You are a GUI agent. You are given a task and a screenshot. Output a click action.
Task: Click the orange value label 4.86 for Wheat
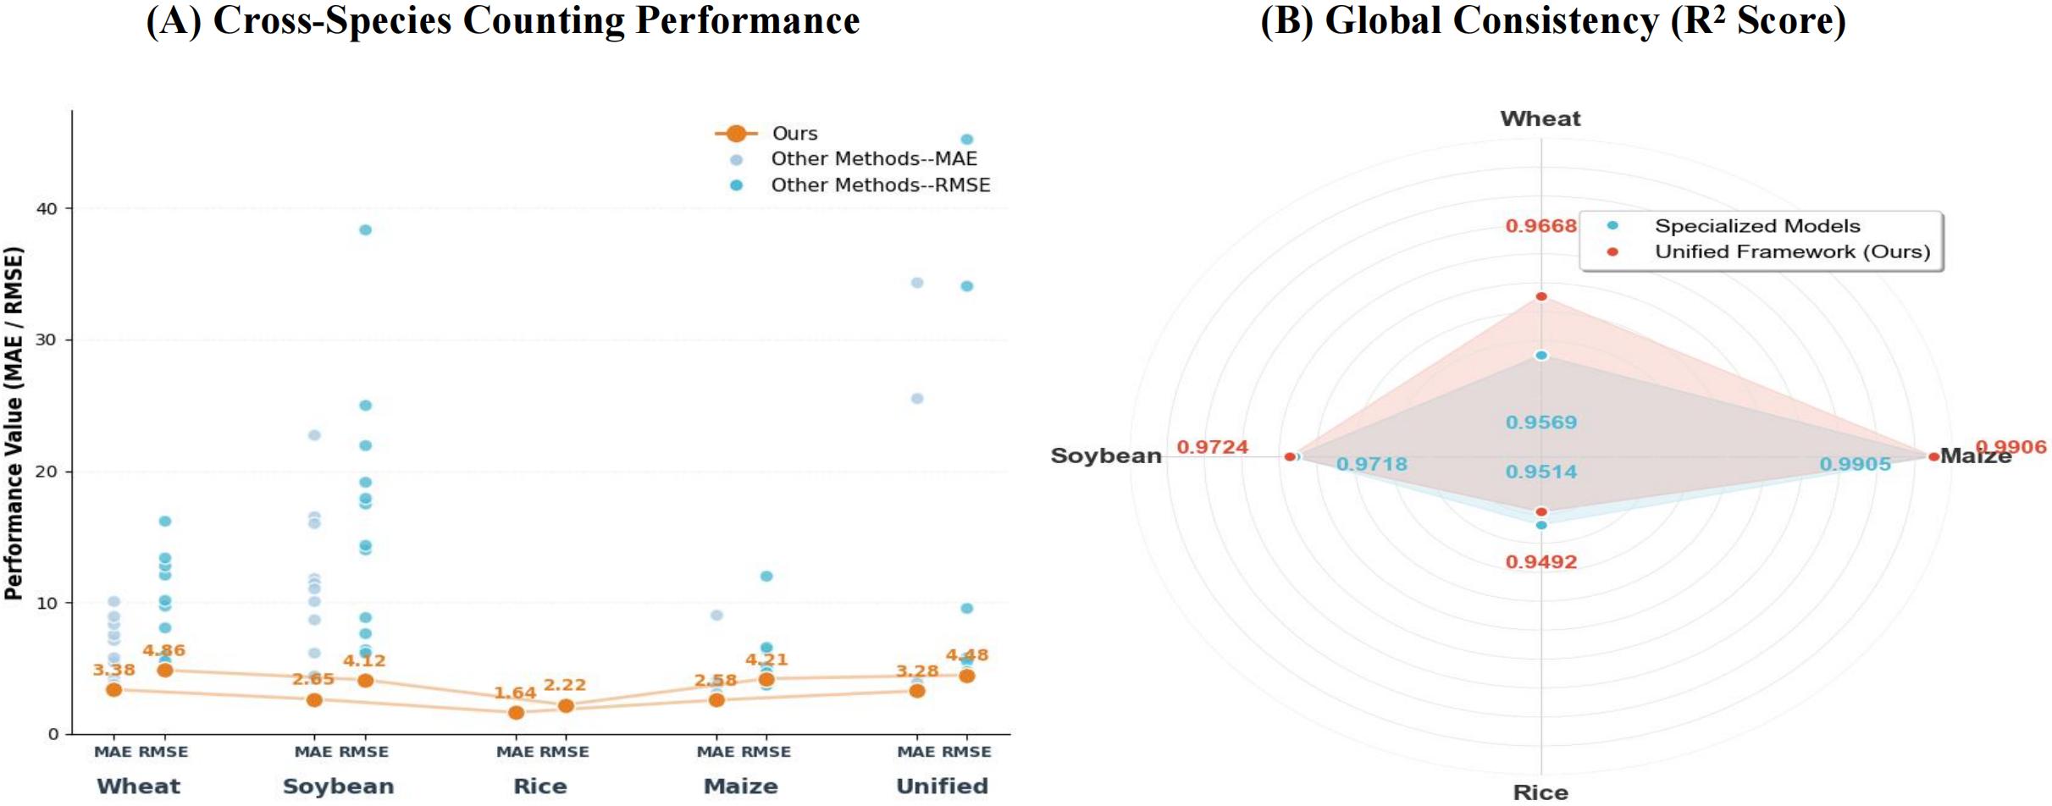163,650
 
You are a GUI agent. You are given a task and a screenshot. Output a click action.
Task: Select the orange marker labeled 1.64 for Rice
516,713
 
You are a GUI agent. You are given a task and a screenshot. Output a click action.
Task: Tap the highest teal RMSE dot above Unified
966,140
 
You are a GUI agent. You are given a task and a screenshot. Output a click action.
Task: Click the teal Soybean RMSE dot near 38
365,230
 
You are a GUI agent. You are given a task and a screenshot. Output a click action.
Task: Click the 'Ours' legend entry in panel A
794,134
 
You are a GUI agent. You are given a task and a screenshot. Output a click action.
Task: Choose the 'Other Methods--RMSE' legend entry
879,185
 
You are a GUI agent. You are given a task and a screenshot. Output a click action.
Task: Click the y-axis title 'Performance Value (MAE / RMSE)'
14,423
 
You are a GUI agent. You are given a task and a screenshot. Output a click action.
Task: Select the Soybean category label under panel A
338,787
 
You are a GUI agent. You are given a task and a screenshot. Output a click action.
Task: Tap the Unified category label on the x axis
942,787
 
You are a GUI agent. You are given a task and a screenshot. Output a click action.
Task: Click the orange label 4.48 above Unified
966,654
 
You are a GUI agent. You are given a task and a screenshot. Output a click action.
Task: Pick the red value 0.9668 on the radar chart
1540,226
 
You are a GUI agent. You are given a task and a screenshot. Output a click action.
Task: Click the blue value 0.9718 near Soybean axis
1371,464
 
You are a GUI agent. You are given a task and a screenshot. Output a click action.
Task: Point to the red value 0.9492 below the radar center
1540,562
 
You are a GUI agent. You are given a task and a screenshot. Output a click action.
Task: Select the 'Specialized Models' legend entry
1756,226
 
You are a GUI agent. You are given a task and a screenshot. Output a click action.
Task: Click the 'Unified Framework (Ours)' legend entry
1791,252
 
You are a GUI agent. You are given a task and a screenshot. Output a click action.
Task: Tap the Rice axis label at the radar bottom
1540,792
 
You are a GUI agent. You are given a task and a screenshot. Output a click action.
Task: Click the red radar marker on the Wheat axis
1541,296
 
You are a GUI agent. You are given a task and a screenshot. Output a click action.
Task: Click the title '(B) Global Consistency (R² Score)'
1552,20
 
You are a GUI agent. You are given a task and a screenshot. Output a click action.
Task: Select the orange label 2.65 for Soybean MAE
313,679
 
